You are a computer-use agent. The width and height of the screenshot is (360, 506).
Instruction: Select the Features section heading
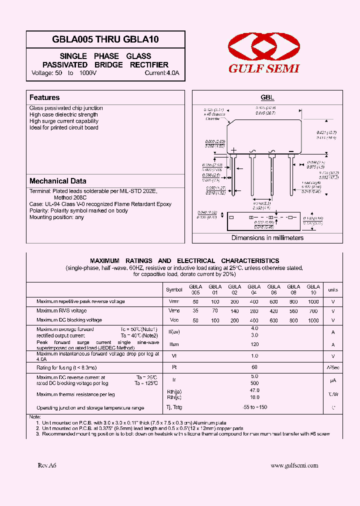click(x=44, y=97)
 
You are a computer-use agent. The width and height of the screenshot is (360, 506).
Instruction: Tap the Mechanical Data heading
click(x=57, y=181)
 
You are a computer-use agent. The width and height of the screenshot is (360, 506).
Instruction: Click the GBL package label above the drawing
click(x=267, y=98)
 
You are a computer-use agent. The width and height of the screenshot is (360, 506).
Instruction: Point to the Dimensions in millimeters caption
click(x=267, y=237)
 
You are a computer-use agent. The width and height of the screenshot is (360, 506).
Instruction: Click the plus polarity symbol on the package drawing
click(x=233, y=150)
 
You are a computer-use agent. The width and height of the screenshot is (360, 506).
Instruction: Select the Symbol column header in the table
click(x=174, y=289)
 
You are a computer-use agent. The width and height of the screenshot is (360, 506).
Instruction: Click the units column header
click(x=332, y=289)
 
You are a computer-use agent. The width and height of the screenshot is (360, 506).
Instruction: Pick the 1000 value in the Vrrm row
click(x=313, y=301)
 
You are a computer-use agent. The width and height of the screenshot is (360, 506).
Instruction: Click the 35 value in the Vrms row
click(x=195, y=310)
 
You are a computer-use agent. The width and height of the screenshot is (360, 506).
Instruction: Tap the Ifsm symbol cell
click(x=174, y=345)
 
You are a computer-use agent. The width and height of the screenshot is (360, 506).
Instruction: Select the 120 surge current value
click(x=254, y=345)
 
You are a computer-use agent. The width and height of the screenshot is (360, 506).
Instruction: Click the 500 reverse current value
click(x=254, y=383)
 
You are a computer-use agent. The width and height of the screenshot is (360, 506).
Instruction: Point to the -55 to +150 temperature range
click(x=254, y=407)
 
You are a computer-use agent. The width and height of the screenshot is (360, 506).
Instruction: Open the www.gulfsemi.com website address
click(x=294, y=465)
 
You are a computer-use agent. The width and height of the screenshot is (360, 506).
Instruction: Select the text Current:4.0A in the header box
click(x=161, y=73)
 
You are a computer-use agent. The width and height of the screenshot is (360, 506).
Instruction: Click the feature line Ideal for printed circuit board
click(x=63, y=127)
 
